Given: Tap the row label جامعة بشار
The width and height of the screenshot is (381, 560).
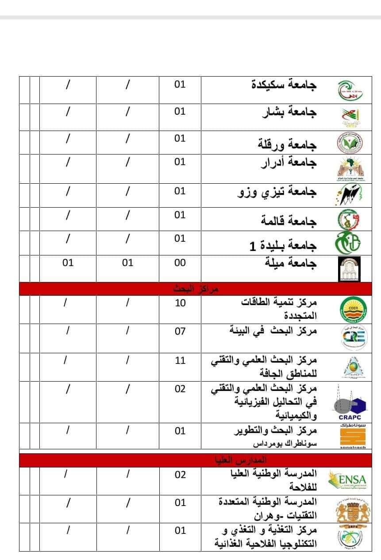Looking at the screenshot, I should click(x=289, y=112).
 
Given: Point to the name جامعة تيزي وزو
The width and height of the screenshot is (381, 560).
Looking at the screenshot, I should click(x=277, y=192).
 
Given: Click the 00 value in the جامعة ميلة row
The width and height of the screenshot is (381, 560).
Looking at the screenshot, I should click(x=180, y=263).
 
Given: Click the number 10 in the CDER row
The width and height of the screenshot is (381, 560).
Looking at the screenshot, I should click(x=180, y=304).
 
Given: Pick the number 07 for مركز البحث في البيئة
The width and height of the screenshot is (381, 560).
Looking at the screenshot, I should click(x=180, y=331).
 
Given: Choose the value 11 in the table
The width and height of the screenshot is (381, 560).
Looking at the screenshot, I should click(x=180, y=360).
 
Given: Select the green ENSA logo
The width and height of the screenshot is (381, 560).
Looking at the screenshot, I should click(x=348, y=480).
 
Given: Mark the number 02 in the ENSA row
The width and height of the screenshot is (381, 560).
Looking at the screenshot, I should click(x=180, y=475).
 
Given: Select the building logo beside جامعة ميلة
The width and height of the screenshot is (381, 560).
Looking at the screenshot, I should click(x=349, y=269).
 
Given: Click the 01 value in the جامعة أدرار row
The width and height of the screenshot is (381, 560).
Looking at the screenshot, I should click(x=180, y=162).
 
